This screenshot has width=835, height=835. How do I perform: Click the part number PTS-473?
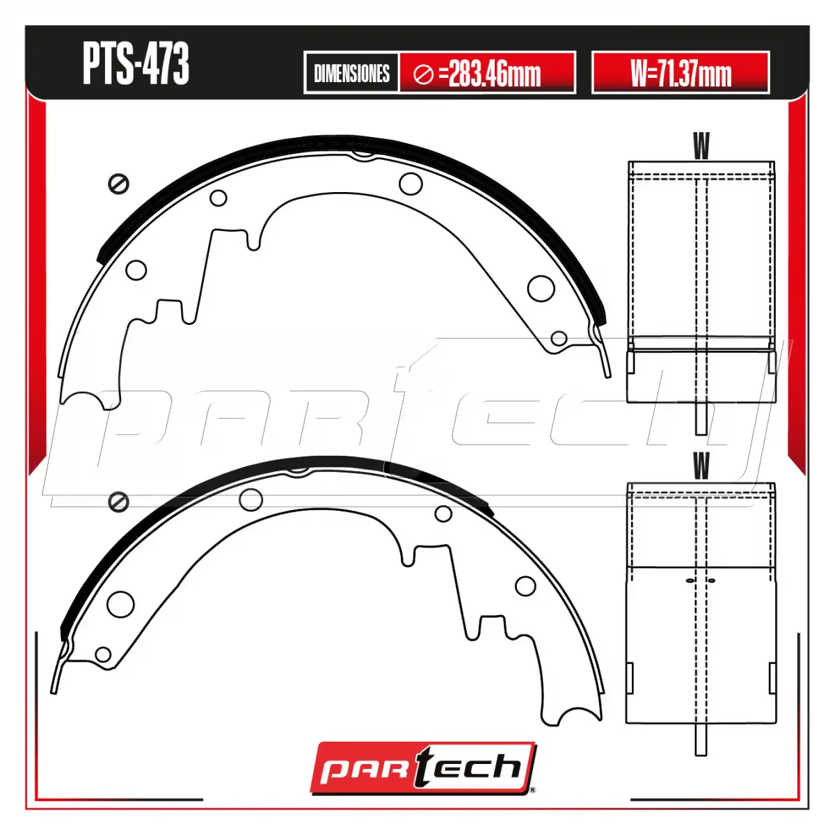[x=136, y=63]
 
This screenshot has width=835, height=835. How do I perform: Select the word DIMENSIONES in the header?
[x=351, y=73]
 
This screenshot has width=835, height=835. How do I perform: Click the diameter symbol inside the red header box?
[x=423, y=74]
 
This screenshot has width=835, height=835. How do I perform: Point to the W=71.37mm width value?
[x=681, y=73]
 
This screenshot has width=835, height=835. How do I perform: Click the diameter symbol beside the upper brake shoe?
[x=118, y=184]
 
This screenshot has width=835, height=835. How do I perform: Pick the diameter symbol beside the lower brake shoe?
[x=118, y=502]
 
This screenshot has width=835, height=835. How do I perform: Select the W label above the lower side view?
[x=701, y=466]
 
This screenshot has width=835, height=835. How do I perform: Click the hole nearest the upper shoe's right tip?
[x=559, y=338]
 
